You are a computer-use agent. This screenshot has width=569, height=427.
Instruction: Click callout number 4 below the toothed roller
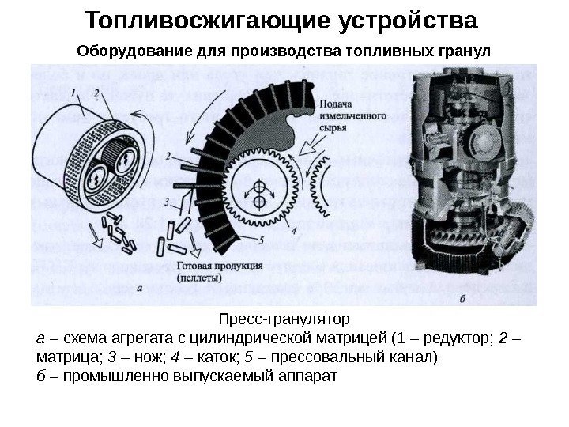pos(294,232)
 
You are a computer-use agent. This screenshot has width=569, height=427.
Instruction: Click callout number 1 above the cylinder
pos(74,93)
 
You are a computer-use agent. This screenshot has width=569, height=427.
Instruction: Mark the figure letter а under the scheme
pos(140,289)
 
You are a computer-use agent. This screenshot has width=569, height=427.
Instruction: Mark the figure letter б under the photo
pos(462,298)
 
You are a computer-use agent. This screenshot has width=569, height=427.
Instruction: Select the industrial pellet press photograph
pos(473,182)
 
